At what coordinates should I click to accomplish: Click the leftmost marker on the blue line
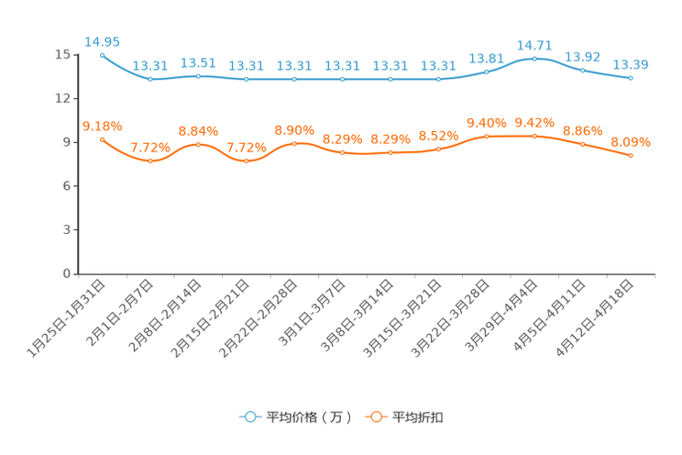(102, 55)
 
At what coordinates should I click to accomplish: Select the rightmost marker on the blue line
(631, 79)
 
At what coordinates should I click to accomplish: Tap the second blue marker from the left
(150, 80)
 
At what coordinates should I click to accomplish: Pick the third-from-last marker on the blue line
(534, 58)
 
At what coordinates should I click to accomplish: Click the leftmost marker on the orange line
(102, 139)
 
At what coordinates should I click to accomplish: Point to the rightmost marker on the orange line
(631, 157)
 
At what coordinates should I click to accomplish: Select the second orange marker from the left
(150, 161)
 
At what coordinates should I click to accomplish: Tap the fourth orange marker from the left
(246, 161)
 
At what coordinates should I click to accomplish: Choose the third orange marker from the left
(198, 145)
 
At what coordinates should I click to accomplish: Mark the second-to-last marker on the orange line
(583, 144)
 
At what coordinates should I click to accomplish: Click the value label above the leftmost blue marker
(102, 41)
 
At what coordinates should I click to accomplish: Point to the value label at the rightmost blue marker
(631, 64)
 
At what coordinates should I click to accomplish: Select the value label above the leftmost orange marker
(102, 127)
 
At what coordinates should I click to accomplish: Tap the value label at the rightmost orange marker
(631, 142)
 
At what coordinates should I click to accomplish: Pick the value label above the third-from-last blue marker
(534, 44)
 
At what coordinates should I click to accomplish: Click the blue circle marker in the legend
(249, 416)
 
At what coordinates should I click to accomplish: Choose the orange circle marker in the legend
(375, 416)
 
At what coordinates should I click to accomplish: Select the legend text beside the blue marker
(308, 417)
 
